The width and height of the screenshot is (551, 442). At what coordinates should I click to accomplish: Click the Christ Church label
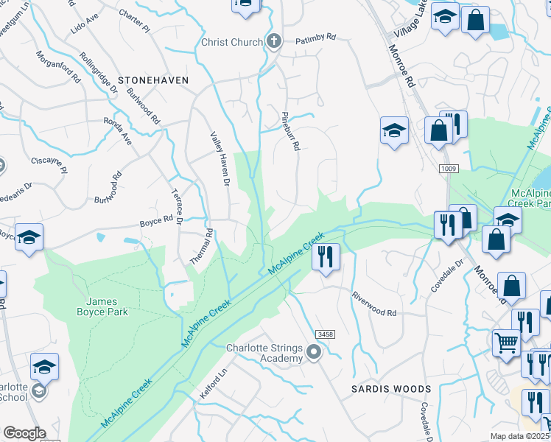pyautogui.click(x=231, y=42)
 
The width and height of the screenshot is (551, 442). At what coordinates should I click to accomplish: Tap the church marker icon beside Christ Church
pyautogui.click(x=274, y=41)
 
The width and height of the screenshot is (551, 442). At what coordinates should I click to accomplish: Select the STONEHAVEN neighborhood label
pyautogui.click(x=154, y=80)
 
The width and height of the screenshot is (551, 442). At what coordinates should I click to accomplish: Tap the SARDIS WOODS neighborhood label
pyautogui.click(x=390, y=388)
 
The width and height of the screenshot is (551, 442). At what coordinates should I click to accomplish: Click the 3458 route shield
pyautogui.click(x=326, y=334)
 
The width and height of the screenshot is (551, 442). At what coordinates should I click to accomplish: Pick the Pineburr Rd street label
pyautogui.click(x=292, y=132)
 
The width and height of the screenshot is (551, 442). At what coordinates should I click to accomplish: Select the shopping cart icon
pyautogui.click(x=506, y=341)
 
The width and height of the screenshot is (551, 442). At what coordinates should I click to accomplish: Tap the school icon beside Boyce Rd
pyautogui.click(x=29, y=236)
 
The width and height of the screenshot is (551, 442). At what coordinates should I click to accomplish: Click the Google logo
pyautogui.click(x=24, y=433)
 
